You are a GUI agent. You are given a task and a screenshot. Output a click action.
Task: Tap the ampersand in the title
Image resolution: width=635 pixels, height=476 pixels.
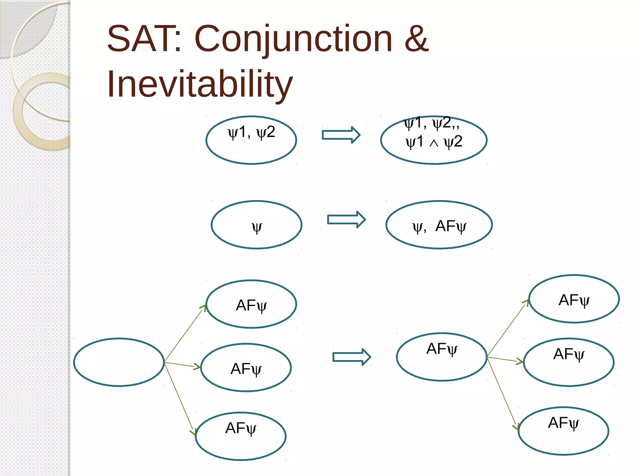416,39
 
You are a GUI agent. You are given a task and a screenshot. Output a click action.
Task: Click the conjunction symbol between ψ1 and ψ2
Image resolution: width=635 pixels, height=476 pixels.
434,143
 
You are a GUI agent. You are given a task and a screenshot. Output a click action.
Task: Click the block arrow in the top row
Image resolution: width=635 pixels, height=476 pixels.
341,135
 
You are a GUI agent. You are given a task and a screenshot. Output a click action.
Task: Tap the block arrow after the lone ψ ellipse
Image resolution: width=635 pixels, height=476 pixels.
346,219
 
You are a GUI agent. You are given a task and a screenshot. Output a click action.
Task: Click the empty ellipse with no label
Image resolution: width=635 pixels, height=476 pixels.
119,362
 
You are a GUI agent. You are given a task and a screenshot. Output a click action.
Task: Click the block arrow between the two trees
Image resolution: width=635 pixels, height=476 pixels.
351,357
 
